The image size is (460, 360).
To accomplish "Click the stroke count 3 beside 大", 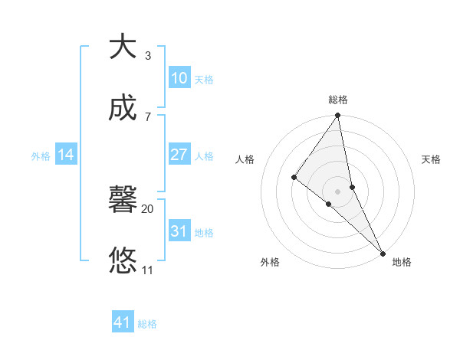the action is [x=147, y=56].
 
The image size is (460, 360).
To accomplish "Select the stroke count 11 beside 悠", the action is [x=147, y=270].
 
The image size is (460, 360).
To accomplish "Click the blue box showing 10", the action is [x=179, y=78].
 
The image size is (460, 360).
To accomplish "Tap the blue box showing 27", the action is [x=179, y=155].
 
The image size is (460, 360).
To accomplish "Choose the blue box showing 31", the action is [x=179, y=231].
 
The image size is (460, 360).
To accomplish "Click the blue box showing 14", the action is [x=66, y=155].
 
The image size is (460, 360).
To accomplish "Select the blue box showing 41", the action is [x=123, y=322].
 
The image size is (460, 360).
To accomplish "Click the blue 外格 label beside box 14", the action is [x=41, y=156].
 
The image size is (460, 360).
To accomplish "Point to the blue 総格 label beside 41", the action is [x=147, y=324].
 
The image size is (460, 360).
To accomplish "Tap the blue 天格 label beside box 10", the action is [x=204, y=80].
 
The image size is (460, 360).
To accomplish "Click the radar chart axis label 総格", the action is [x=338, y=100].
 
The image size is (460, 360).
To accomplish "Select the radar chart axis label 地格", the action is [x=402, y=262].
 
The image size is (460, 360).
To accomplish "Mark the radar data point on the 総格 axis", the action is [x=338, y=116].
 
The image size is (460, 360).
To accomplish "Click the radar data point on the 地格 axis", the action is [x=383, y=252].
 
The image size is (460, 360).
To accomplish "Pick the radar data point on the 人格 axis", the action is [x=294, y=177].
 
